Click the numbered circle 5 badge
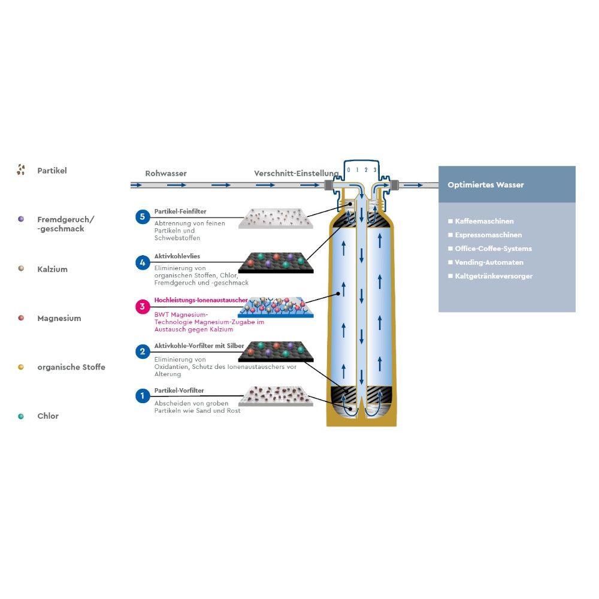click(143, 217)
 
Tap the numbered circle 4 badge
click(143, 262)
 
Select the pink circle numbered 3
click(143, 307)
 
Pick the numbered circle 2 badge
click(143, 352)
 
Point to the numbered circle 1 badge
click(143, 396)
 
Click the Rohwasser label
click(166, 174)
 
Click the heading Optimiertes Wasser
click(485, 185)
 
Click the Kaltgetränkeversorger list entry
click(494, 276)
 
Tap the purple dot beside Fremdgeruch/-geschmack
click(21, 219)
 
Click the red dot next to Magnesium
click(21, 318)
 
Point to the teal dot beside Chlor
click(21, 416)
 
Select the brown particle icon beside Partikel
click(21, 171)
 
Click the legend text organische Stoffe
click(71, 367)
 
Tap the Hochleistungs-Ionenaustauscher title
click(197, 300)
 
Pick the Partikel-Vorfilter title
click(179, 391)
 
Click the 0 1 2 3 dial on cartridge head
click(361, 170)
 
